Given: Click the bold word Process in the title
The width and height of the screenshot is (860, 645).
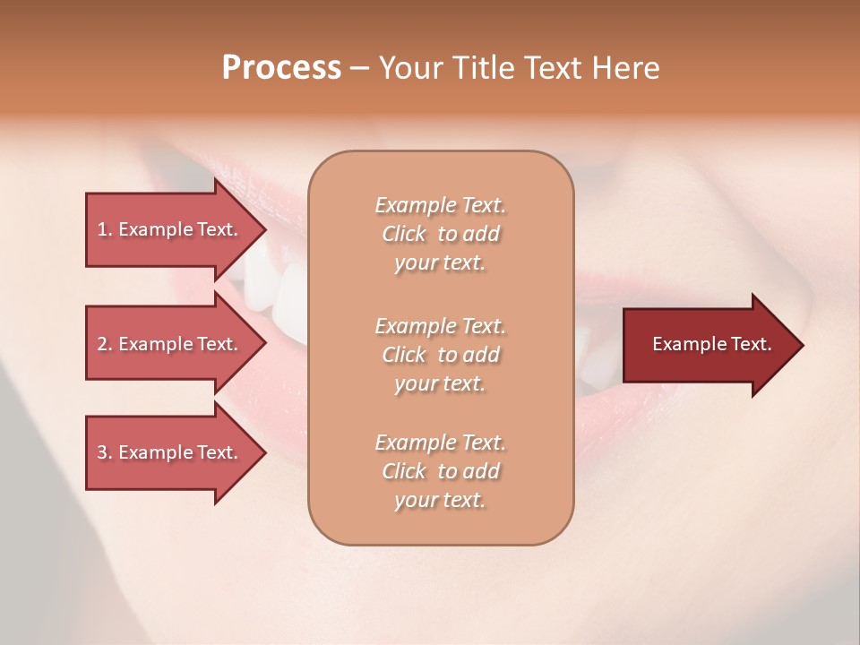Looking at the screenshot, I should (281, 68).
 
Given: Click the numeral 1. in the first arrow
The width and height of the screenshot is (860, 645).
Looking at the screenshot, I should (105, 229).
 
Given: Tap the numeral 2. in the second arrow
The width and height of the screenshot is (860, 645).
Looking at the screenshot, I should (105, 344).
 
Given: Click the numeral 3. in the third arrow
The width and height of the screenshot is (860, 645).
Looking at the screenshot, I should (105, 452).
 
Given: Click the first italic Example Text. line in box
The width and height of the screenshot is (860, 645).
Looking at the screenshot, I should (440, 205).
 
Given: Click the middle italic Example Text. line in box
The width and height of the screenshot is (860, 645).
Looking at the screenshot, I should (440, 325).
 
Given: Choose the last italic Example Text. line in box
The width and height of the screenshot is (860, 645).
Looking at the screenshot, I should (440, 443).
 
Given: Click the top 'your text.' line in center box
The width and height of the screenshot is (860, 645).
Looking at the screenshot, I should (440, 263).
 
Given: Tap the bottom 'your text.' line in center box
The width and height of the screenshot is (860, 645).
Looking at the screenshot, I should (440, 501).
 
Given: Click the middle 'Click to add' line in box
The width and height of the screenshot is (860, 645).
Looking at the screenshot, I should (440, 355).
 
